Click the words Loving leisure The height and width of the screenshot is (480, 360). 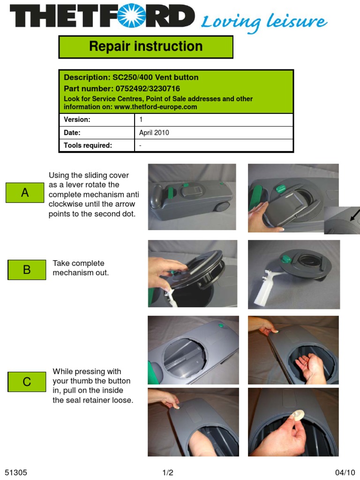coord(264,22)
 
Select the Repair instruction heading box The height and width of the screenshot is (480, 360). coord(146,46)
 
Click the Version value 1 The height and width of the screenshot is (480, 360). coord(141,120)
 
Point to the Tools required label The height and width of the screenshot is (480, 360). coord(88,145)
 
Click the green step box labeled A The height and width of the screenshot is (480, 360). coord(25,193)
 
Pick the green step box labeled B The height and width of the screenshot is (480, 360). coord(27,270)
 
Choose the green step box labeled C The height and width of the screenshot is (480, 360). coord(27,382)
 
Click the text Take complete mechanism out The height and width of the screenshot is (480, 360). coord(81,268)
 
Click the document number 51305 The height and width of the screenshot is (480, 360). coord(16,472)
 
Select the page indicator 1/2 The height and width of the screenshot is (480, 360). coord(168,472)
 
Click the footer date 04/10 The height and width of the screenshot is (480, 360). coord(345,472)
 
